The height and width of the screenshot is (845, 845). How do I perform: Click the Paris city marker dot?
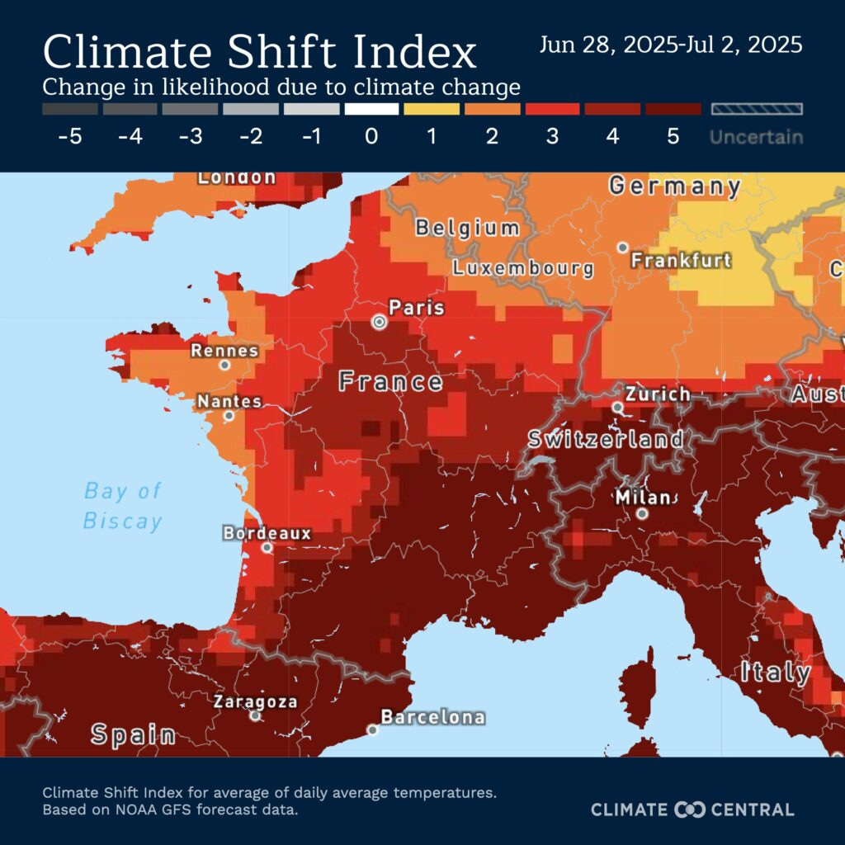tap(379, 323)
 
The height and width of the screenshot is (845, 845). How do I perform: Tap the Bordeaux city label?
tap(267, 533)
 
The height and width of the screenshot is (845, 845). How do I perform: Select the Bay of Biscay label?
tap(123, 506)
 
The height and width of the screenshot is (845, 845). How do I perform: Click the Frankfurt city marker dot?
tap(623, 247)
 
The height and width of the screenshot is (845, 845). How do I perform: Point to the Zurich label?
tap(657, 394)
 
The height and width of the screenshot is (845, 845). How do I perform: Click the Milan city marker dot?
tap(642, 513)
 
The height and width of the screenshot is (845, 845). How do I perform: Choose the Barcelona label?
tap(432, 717)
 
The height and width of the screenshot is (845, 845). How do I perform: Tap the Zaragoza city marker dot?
tap(256, 715)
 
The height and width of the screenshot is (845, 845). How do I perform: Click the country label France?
tap(390, 381)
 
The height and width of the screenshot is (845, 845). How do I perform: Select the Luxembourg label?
tap(523, 268)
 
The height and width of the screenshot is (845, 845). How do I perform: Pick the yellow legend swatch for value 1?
tap(432, 109)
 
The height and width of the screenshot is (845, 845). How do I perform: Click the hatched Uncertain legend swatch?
tap(756, 109)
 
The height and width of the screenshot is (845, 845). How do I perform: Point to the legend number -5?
tap(70, 137)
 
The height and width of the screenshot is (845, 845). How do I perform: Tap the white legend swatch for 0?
tap(371, 109)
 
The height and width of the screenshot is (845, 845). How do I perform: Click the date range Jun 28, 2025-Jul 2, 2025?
tap(670, 45)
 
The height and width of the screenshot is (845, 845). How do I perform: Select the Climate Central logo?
tap(692, 810)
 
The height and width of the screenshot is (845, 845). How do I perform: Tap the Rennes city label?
tap(224, 351)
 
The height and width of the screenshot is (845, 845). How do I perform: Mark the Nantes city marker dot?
tap(229, 415)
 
